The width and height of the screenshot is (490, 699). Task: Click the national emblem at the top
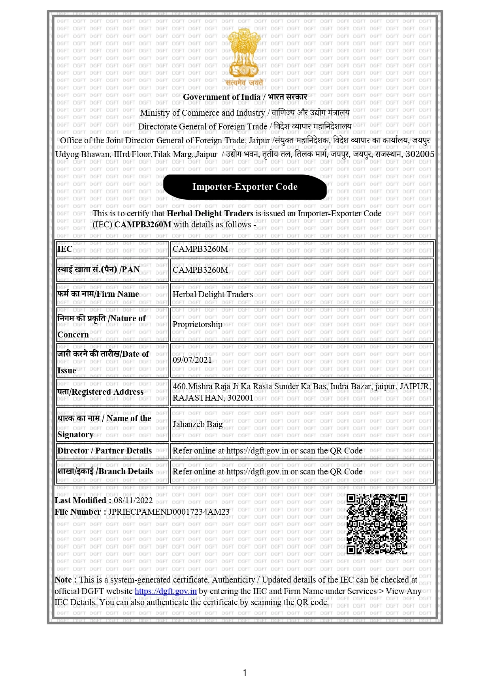coord(244,55)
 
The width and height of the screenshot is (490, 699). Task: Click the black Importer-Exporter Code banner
coord(245,187)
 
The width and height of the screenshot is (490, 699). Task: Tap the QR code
coord(377,524)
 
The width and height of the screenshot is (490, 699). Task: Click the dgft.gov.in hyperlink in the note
coord(166,591)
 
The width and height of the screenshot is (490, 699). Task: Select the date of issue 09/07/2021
coord(192,360)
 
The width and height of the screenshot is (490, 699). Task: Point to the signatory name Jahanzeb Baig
coord(198,424)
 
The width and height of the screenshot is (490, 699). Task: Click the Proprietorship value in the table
coord(197,324)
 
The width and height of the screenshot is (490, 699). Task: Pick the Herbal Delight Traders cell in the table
coord(213,294)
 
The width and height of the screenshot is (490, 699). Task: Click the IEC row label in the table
coord(65,249)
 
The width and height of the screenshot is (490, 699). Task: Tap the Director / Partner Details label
coord(104,451)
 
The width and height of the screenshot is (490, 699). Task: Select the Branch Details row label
coord(105,471)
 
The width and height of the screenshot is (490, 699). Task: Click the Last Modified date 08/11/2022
coord(133,500)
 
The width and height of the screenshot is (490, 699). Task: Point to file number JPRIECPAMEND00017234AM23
coord(169,512)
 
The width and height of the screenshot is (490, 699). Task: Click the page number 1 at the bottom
coord(245,673)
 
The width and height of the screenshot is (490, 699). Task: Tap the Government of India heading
coord(245,97)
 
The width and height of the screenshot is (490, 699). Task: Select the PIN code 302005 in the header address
coord(420,154)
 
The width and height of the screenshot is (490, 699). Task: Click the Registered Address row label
coord(100,392)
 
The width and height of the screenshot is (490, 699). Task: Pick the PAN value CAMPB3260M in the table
coord(200,270)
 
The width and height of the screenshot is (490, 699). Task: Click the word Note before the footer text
coord(63,580)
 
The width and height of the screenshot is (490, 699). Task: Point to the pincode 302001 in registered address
coord(240,398)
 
